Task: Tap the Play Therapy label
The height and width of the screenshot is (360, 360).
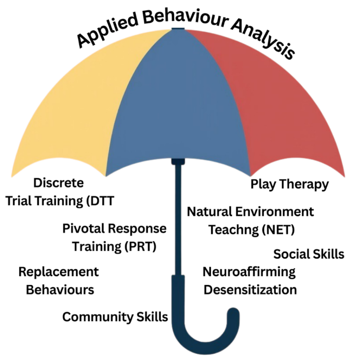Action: point(289,184)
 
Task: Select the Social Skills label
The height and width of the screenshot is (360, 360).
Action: point(309,254)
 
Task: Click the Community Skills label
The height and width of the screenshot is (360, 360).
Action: point(115,317)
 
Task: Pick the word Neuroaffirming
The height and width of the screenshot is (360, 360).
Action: point(249,272)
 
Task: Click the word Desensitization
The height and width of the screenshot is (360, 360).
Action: point(250,290)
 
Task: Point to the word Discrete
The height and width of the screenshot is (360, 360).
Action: point(59,183)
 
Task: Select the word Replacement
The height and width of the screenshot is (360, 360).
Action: point(59,272)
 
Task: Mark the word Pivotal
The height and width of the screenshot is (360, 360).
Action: point(83,229)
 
